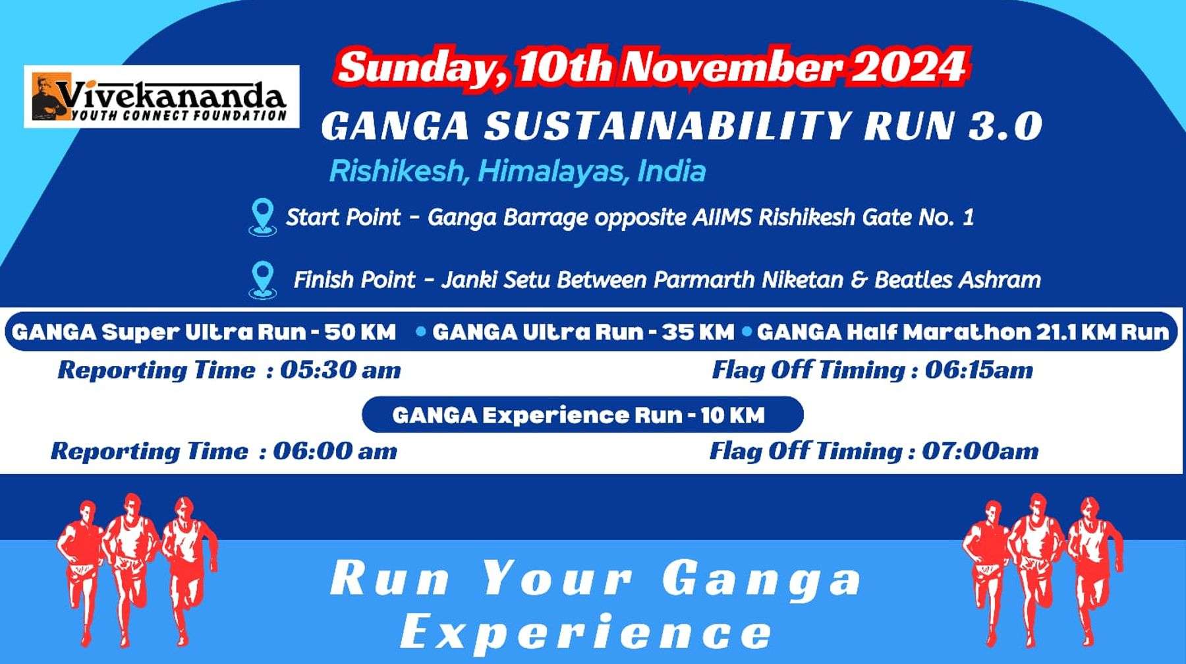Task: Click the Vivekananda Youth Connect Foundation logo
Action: pos(161,96)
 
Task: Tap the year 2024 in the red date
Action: pos(909,67)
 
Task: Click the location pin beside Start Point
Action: pos(262,217)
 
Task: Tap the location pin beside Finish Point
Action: pos(262,280)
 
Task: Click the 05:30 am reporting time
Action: pos(341,370)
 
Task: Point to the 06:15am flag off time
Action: pos(978,370)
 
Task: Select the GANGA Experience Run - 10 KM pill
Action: pos(582,415)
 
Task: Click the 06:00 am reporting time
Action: pos(335,451)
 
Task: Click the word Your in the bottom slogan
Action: pos(557,578)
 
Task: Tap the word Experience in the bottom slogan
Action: pos(586,631)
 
